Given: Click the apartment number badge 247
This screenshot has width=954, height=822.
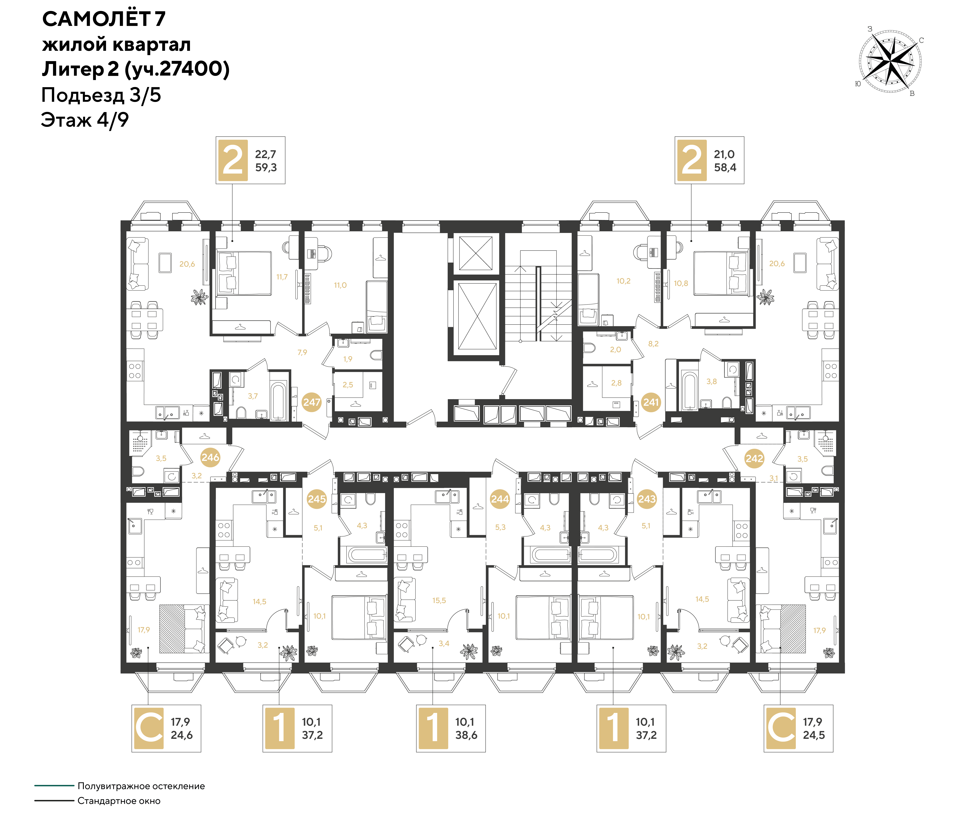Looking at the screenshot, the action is click(x=312, y=402).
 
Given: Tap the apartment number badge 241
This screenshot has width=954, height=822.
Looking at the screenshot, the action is click(x=651, y=402).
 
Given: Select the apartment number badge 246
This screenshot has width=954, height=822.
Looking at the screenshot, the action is click(x=210, y=457).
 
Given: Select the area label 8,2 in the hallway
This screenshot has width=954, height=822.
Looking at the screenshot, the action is click(x=653, y=344).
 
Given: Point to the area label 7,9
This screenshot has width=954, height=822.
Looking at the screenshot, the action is click(x=302, y=352).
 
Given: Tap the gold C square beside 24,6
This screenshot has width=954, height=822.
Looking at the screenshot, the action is click(x=149, y=728).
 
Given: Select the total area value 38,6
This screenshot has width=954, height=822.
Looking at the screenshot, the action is click(x=466, y=735).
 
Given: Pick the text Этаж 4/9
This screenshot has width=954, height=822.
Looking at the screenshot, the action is click(x=85, y=120).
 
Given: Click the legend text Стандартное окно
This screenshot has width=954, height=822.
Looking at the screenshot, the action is click(x=119, y=801).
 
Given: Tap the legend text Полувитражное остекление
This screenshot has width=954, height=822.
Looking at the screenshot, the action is click(x=141, y=786).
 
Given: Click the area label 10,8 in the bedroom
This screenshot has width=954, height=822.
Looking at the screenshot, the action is click(x=681, y=283).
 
